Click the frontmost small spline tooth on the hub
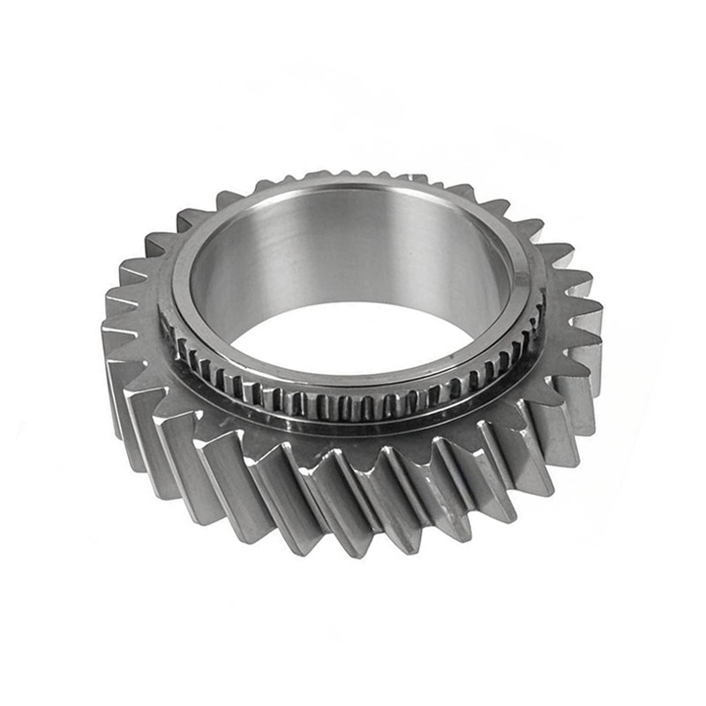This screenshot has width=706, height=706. pos(353,408)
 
